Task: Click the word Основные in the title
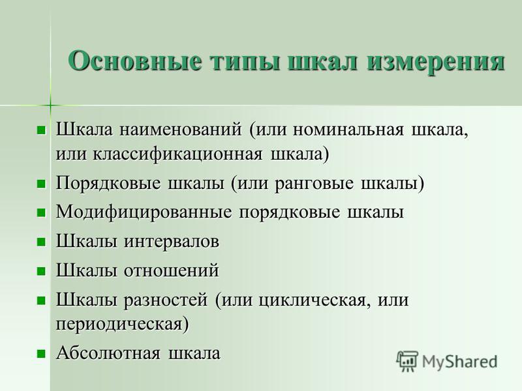(135, 61)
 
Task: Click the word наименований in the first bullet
(181, 129)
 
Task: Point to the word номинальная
(348, 130)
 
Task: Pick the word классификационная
(177, 154)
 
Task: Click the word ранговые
(314, 184)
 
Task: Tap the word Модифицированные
(144, 212)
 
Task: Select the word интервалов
(172, 242)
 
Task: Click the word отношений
(172, 270)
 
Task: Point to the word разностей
(166, 300)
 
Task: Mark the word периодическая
(119, 324)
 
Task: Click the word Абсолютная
(108, 353)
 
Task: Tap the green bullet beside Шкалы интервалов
(41, 242)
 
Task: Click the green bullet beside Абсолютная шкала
(41, 353)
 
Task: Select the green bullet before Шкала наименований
(41, 130)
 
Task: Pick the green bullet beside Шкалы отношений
(41, 271)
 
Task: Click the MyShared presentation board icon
(407, 362)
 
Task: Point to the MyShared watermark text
(460, 362)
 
